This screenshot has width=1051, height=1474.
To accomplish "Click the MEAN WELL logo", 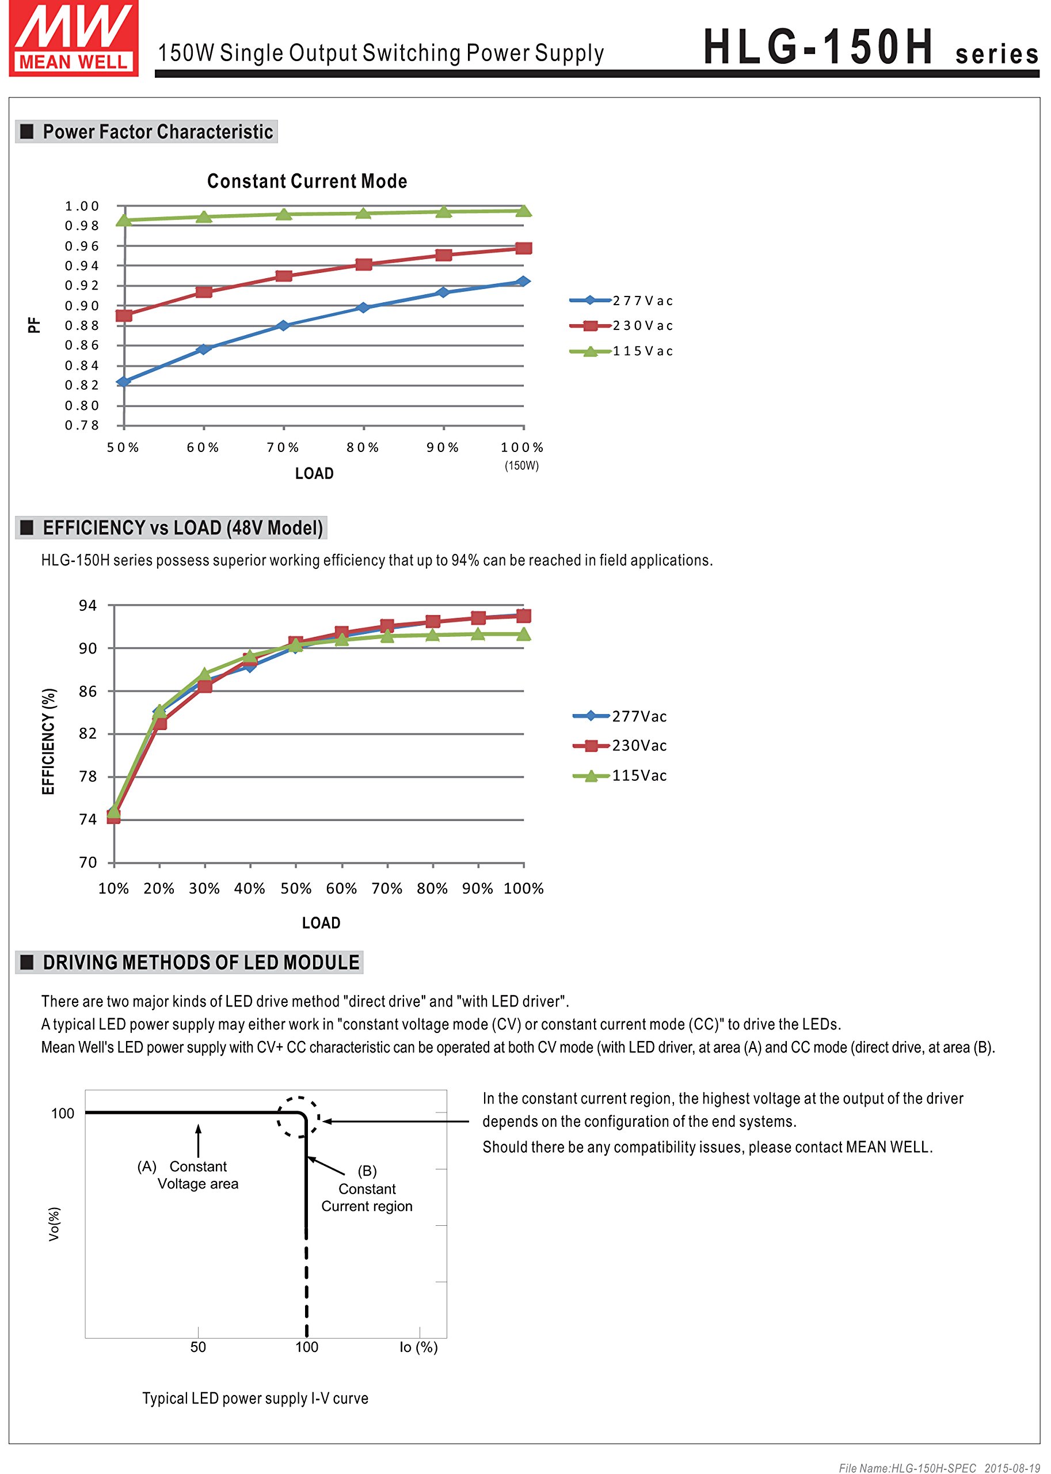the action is tap(73, 38).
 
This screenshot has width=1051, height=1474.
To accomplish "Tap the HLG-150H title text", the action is tap(818, 47).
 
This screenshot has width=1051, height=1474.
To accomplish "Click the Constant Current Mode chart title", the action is tap(307, 181).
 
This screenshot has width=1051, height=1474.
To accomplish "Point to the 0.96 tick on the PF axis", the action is tap(82, 246).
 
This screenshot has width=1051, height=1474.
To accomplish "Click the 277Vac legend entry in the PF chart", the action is tap(621, 301).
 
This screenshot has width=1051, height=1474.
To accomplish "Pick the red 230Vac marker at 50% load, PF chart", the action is tap(124, 316).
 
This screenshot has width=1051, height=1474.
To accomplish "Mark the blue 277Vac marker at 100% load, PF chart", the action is tap(523, 282).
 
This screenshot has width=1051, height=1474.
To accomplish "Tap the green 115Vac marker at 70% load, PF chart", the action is tap(283, 214).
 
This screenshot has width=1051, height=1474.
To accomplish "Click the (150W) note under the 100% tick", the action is tap(521, 465).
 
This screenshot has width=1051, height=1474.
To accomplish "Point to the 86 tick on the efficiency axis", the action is tap(88, 692).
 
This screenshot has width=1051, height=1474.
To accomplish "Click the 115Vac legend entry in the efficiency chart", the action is tap(620, 776).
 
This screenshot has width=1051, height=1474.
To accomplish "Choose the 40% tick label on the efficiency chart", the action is tap(250, 888).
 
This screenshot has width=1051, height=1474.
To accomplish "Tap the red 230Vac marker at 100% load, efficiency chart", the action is tap(524, 616).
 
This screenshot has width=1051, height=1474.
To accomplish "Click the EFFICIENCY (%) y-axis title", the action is tap(48, 741).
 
